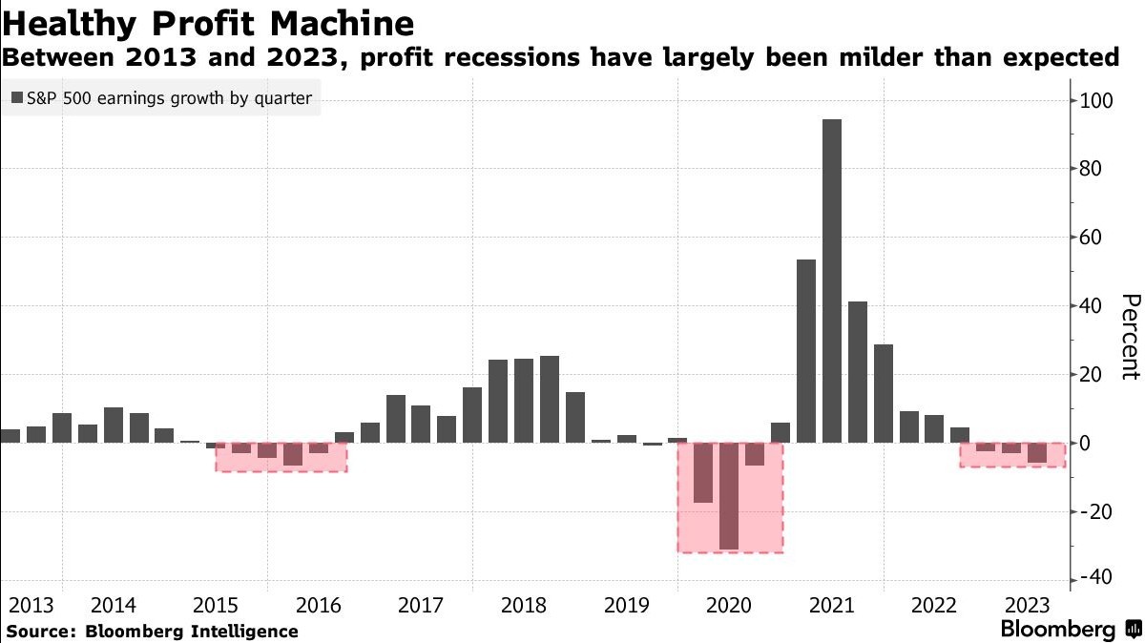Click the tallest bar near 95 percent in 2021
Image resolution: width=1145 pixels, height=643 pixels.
click(x=831, y=281)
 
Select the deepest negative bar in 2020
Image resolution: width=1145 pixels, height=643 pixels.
click(x=729, y=496)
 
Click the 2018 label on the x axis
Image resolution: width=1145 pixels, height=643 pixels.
click(x=523, y=605)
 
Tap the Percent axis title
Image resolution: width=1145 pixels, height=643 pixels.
click(x=1129, y=336)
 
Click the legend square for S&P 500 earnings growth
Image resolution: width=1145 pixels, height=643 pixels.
click(x=17, y=97)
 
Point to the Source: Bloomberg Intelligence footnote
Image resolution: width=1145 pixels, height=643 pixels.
click(x=152, y=632)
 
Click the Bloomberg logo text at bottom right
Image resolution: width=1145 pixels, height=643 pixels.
click(x=1057, y=630)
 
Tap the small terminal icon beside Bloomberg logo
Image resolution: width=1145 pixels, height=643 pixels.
click(x=1133, y=630)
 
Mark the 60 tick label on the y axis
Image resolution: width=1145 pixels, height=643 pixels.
click(x=1090, y=238)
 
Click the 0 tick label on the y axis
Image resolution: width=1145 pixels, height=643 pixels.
click(x=1082, y=444)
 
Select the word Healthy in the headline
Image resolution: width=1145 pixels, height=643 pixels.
click(x=64, y=22)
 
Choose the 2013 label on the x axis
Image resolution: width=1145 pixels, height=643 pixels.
click(x=31, y=605)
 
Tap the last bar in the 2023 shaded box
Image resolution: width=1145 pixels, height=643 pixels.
click(x=1036, y=453)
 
